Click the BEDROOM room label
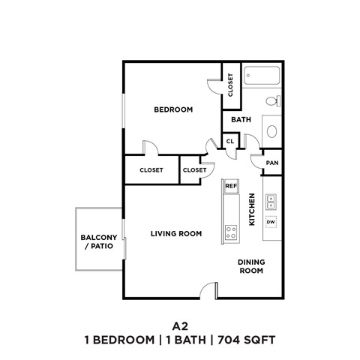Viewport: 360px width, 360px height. click(x=173, y=109)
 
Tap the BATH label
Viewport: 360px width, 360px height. click(x=241, y=120)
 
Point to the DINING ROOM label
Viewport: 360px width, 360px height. click(x=251, y=266)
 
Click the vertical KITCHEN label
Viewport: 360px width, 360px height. click(x=252, y=209)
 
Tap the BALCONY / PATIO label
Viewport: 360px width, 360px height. click(x=99, y=241)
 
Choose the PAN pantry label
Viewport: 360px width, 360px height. click(x=272, y=163)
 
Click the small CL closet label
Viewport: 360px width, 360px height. click(x=229, y=140)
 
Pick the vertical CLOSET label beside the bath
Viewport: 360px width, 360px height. click(x=230, y=85)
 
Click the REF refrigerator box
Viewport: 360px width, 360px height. click(x=231, y=184)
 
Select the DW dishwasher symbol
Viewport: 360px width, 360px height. click(x=271, y=222)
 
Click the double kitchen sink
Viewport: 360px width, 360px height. click(x=271, y=201)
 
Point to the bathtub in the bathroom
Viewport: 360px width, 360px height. click(x=262, y=76)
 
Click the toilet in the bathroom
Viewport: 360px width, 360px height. click(x=273, y=101)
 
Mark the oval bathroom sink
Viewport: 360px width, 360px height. click(x=272, y=130)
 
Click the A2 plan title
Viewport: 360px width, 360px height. click(x=180, y=326)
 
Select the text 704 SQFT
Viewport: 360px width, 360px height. click(x=244, y=340)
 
